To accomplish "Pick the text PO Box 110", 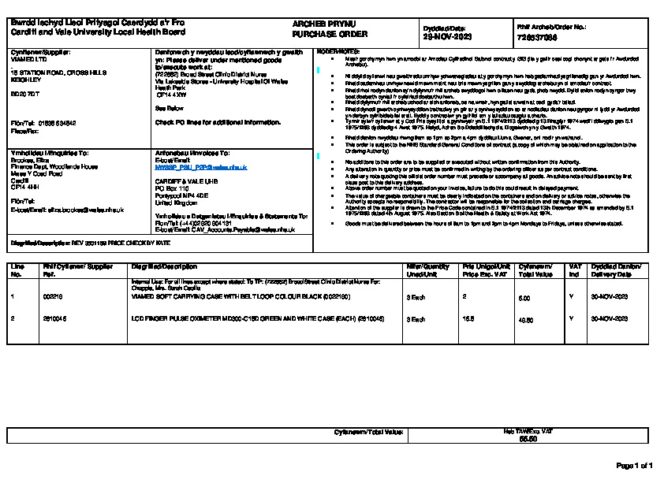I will [x=173, y=188].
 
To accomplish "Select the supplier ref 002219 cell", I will [x=52, y=297].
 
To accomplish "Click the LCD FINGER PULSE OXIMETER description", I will [x=240, y=318].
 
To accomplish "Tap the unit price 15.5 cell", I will [x=468, y=318].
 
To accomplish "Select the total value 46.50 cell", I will [x=524, y=319].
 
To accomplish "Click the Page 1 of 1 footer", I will [x=633, y=466].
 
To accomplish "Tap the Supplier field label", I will [x=39, y=52].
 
